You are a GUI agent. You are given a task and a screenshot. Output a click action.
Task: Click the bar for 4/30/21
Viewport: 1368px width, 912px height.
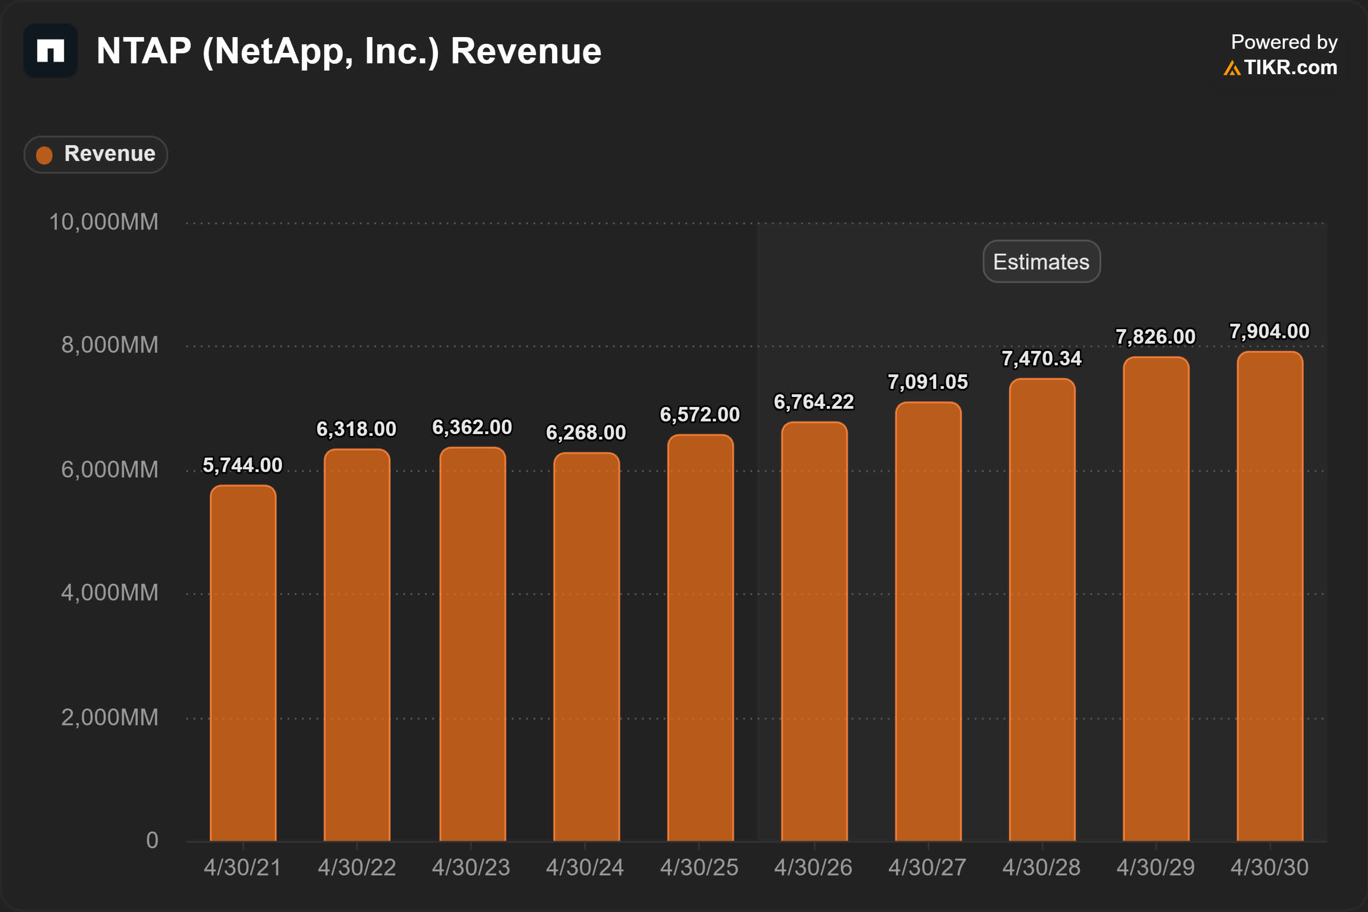pyautogui.click(x=243, y=663)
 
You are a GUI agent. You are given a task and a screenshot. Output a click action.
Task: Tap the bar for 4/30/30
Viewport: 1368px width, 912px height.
pyautogui.click(x=1270, y=596)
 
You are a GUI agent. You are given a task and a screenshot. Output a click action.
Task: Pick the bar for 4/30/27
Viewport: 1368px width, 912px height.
pyautogui.click(x=928, y=621)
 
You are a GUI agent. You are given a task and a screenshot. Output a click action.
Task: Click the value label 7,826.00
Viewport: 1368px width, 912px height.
pyautogui.click(x=1155, y=337)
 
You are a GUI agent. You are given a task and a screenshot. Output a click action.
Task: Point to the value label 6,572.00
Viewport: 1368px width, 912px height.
pyautogui.click(x=699, y=415)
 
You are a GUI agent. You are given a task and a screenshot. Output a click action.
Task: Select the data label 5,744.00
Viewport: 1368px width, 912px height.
pyautogui.click(x=242, y=465)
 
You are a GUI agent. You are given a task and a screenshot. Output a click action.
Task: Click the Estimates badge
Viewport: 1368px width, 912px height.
pyautogui.click(x=1041, y=262)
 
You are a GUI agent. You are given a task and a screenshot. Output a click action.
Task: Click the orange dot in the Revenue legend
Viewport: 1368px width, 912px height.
pyautogui.click(x=44, y=155)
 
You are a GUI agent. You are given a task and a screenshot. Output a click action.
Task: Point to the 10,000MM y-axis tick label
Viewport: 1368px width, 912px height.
pyautogui.click(x=104, y=222)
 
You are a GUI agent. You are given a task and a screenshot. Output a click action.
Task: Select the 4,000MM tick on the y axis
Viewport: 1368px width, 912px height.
pyautogui.click(x=109, y=593)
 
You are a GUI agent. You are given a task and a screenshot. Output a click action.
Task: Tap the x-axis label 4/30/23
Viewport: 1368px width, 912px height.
pyautogui.click(x=471, y=868)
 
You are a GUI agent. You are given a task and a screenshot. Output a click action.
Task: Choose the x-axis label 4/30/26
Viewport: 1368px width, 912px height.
pyautogui.click(x=813, y=868)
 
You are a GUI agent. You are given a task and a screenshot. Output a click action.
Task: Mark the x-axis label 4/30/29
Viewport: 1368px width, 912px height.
pyautogui.click(x=1155, y=868)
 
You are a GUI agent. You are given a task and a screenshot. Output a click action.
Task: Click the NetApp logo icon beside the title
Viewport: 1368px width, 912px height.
pyautogui.click(x=51, y=51)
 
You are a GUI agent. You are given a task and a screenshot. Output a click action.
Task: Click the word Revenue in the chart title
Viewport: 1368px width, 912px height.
pyautogui.click(x=526, y=51)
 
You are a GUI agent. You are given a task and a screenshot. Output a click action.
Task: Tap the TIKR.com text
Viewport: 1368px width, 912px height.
pyautogui.click(x=1290, y=67)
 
